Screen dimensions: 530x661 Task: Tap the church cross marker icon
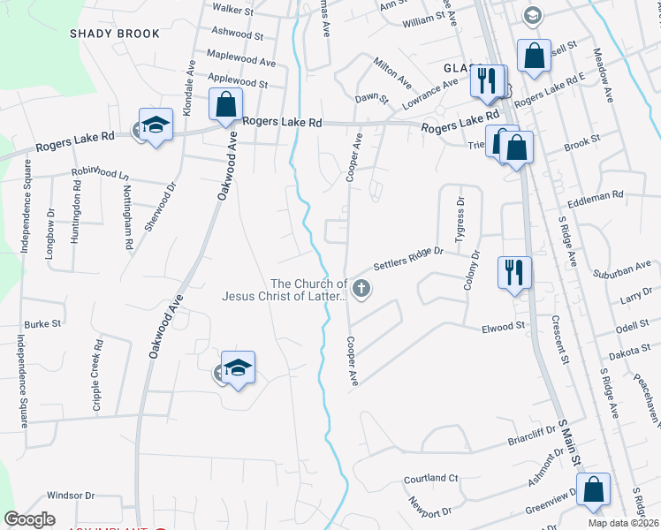361,288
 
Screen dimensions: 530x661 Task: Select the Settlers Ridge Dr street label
407,258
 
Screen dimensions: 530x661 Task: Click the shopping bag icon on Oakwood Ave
225,103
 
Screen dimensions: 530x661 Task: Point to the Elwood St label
503,327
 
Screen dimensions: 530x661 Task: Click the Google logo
29,519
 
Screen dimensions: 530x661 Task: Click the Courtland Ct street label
430,478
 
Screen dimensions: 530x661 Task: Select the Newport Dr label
429,511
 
